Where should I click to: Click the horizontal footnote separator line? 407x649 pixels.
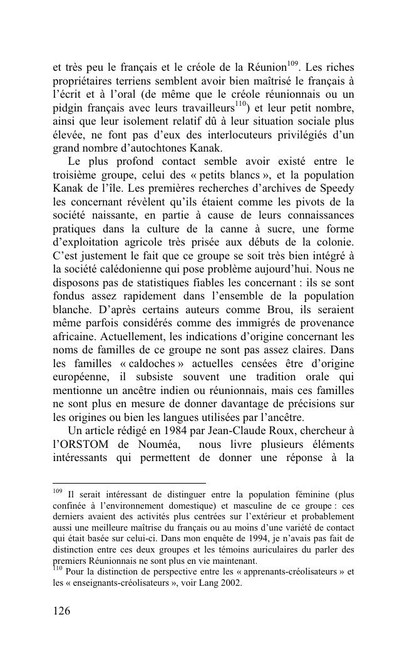pos(129,483)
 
